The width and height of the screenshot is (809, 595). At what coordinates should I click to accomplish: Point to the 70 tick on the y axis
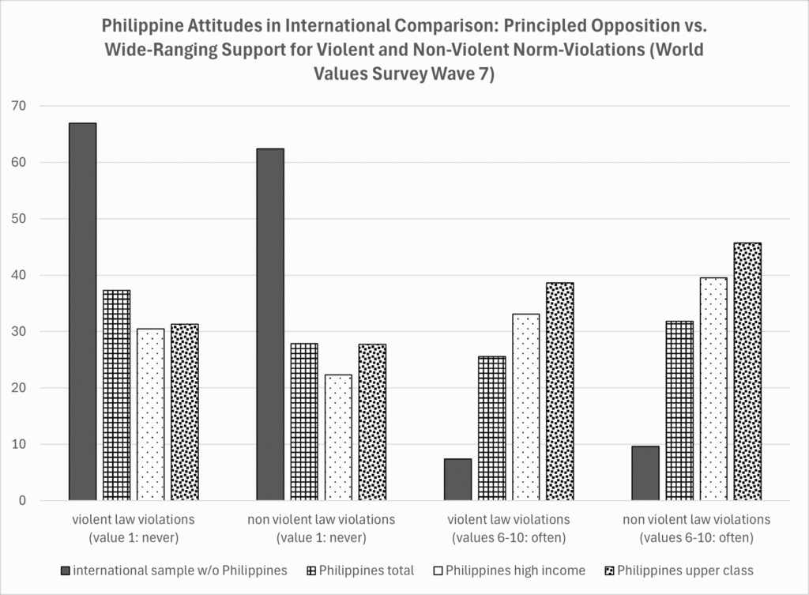pyautogui.click(x=19, y=106)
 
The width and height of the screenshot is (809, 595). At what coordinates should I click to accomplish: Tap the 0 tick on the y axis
pyautogui.click(x=22, y=501)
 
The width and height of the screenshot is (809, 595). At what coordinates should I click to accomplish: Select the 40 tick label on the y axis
pyautogui.click(x=19, y=275)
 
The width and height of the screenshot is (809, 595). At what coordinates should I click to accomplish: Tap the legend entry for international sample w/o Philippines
pyautogui.click(x=174, y=571)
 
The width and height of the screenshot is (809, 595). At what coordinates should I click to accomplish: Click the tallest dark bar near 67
pyautogui.click(x=83, y=311)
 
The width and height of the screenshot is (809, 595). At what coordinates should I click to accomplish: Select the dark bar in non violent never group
pyautogui.click(x=270, y=324)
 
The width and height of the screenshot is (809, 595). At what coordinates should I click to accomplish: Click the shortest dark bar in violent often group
pyautogui.click(x=457, y=480)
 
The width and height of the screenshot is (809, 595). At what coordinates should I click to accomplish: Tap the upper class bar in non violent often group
pyautogui.click(x=747, y=371)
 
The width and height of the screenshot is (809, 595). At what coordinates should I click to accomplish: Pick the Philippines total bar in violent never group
pyautogui.click(x=117, y=395)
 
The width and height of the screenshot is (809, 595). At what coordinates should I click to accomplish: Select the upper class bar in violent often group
pyautogui.click(x=560, y=391)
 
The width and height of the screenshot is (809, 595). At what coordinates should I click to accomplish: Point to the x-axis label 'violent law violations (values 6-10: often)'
pyautogui.click(x=508, y=529)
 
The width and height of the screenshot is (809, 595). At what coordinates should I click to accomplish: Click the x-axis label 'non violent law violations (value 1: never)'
pyautogui.click(x=321, y=529)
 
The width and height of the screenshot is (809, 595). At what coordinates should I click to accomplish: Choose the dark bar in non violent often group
pyautogui.click(x=645, y=473)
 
